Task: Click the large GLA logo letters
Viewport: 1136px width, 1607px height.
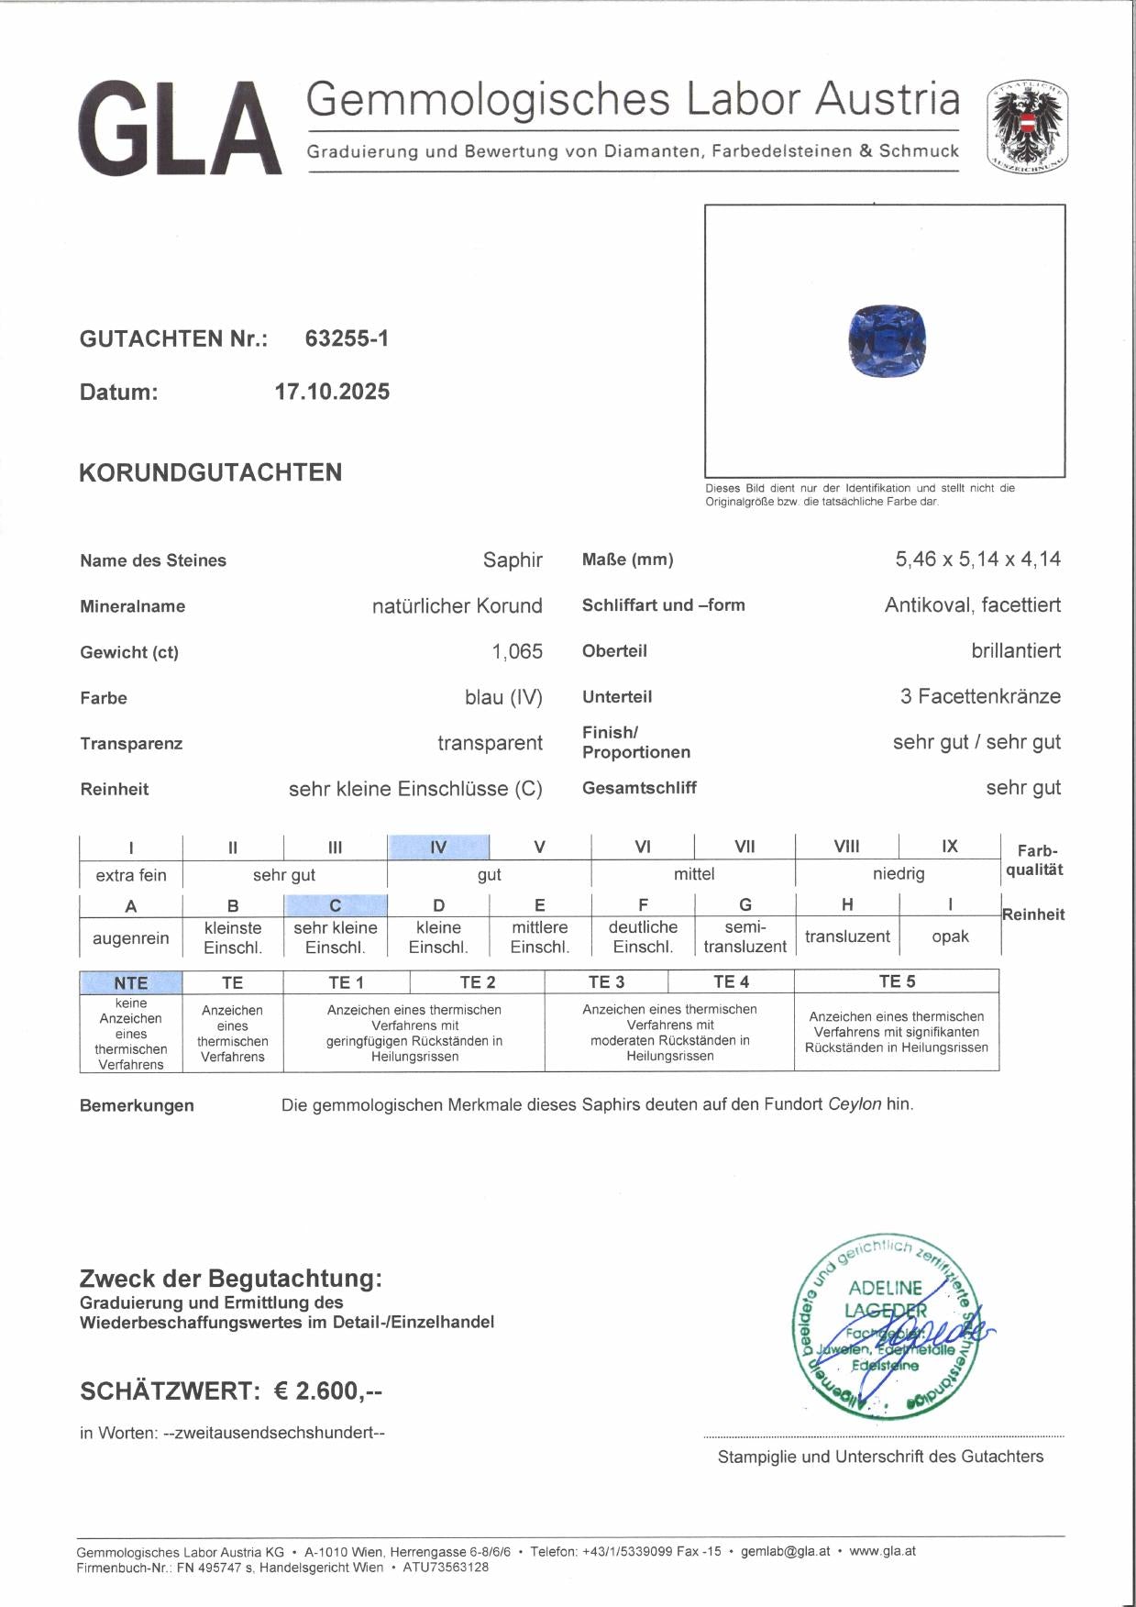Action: point(180,128)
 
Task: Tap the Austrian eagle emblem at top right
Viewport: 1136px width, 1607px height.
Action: point(1027,128)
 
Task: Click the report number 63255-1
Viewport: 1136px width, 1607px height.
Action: point(347,338)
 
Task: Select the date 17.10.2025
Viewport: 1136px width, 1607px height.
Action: point(332,392)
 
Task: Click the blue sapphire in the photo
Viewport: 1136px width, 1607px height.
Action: point(887,341)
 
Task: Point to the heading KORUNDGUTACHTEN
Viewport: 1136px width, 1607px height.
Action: point(211,472)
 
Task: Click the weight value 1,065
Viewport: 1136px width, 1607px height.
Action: point(517,651)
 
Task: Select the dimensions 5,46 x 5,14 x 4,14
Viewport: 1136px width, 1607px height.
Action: point(977,559)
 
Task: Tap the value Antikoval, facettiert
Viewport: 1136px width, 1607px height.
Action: point(973,604)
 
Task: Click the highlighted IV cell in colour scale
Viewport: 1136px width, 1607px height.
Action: point(438,847)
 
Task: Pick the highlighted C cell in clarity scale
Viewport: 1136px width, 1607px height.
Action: point(336,905)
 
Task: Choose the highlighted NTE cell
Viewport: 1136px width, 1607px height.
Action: point(131,982)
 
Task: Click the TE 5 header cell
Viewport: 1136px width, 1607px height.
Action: point(897,981)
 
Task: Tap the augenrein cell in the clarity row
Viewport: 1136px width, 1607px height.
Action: point(131,937)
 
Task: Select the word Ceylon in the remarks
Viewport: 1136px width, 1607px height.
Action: point(855,1104)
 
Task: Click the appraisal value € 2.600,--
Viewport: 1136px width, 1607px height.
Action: point(327,1391)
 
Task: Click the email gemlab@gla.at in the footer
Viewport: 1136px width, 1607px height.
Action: point(785,1551)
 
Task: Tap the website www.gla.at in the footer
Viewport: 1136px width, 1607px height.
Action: point(882,1551)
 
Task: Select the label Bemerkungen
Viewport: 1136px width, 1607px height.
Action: point(137,1105)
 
